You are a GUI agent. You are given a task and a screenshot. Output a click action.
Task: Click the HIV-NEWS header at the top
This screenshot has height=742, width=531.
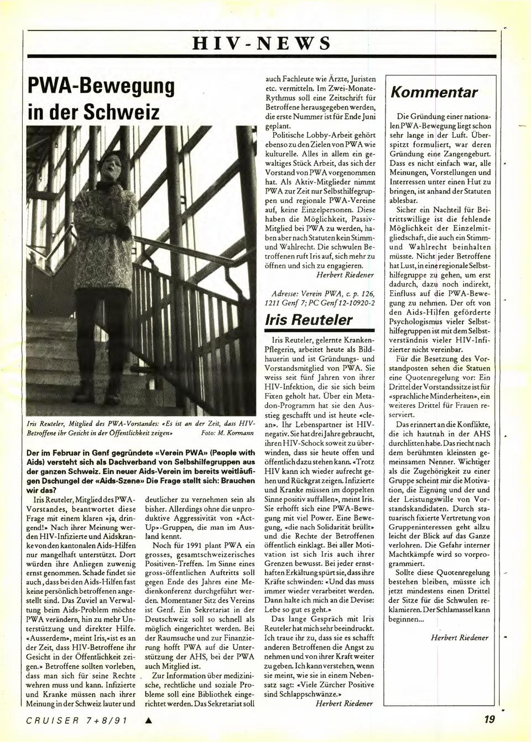click(x=262, y=43)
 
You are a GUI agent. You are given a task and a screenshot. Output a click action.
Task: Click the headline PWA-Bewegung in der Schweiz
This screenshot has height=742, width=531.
click(x=101, y=100)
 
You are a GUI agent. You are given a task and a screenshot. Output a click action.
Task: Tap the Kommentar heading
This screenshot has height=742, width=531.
click(x=434, y=92)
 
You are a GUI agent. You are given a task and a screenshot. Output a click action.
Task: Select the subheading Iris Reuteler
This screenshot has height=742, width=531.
click(x=308, y=320)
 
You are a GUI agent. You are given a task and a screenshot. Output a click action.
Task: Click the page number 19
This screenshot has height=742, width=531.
click(x=488, y=719)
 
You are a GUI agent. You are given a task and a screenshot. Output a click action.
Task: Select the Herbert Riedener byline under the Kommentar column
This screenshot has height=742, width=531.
click(x=459, y=638)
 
